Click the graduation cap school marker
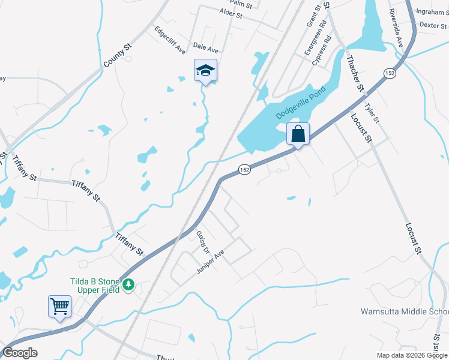[x=205, y=71]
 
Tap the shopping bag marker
[x=298, y=134]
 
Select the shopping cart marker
[x=59, y=307]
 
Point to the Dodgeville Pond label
[x=300, y=101]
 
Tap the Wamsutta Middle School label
[x=404, y=311]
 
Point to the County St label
[x=117, y=55]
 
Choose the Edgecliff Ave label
[x=170, y=40]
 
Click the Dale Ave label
[x=205, y=46]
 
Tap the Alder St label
[x=231, y=13]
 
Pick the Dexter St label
[x=433, y=25]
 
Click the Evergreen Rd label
[x=316, y=37]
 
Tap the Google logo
[x=20, y=353]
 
